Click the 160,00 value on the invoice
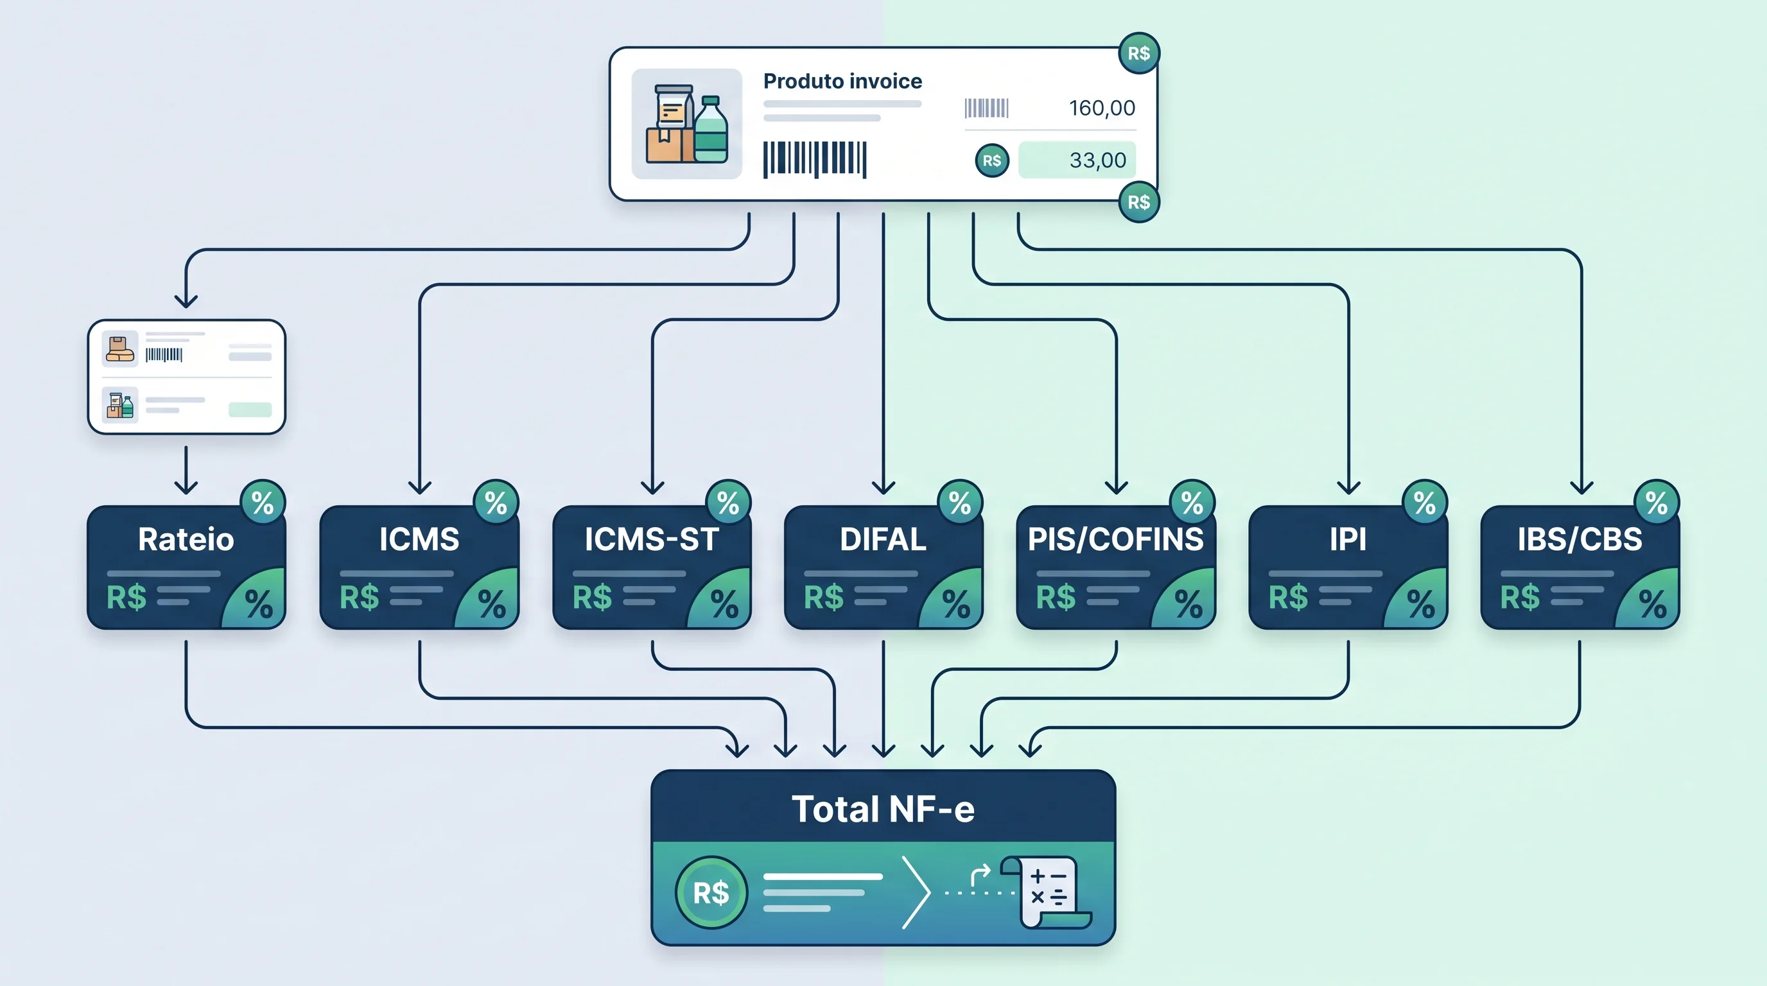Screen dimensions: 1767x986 [1102, 108]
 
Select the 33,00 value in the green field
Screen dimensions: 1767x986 [1097, 160]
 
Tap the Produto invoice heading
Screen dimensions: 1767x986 [842, 81]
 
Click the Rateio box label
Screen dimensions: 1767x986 [186, 539]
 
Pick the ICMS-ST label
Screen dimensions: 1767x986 [652, 539]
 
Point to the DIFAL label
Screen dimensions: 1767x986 [883, 539]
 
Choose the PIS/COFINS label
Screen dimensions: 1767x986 [1115, 539]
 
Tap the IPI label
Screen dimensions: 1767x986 [1348, 539]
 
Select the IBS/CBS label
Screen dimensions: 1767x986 [1580, 539]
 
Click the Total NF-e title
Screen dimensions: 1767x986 [883, 809]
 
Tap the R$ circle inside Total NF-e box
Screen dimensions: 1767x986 [711, 892]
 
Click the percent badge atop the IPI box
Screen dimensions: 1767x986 [1425, 503]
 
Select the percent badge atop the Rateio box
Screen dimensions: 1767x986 [263, 503]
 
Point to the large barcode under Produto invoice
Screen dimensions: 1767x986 [815, 159]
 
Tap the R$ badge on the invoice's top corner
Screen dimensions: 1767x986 [1138, 53]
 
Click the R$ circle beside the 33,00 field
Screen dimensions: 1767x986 [992, 160]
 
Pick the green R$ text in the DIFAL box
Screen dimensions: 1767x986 [823, 597]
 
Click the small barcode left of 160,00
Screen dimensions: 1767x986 [986, 108]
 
